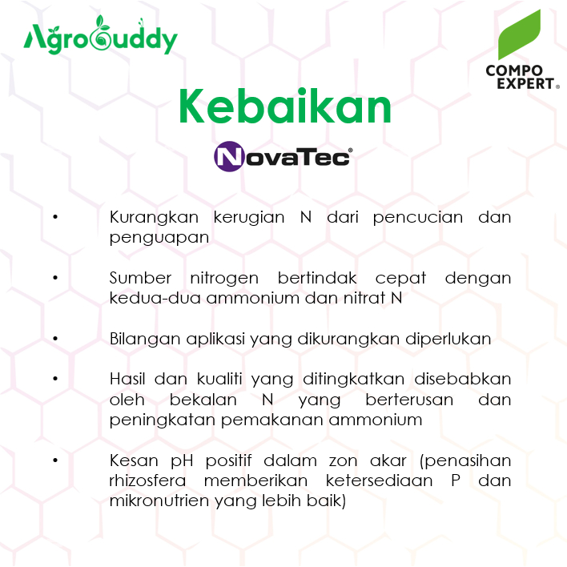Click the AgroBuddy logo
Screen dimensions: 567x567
(101, 35)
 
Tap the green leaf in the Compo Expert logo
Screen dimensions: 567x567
(519, 34)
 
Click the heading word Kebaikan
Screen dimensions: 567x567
(285, 107)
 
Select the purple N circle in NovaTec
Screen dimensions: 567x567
(229, 156)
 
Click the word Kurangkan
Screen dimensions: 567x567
(154, 217)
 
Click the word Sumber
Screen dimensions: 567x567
(140, 278)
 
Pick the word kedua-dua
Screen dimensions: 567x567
(155, 299)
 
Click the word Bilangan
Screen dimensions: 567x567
(146, 340)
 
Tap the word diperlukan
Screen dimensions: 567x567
(448, 340)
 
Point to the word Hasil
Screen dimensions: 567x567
(127, 379)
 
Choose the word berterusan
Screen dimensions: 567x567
(409, 400)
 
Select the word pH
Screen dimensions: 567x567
(182, 461)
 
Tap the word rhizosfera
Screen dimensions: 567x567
(147, 481)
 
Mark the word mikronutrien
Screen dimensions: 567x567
(159, 501)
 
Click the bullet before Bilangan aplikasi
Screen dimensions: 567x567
(55, 339)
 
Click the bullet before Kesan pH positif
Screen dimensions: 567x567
(55, 460)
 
